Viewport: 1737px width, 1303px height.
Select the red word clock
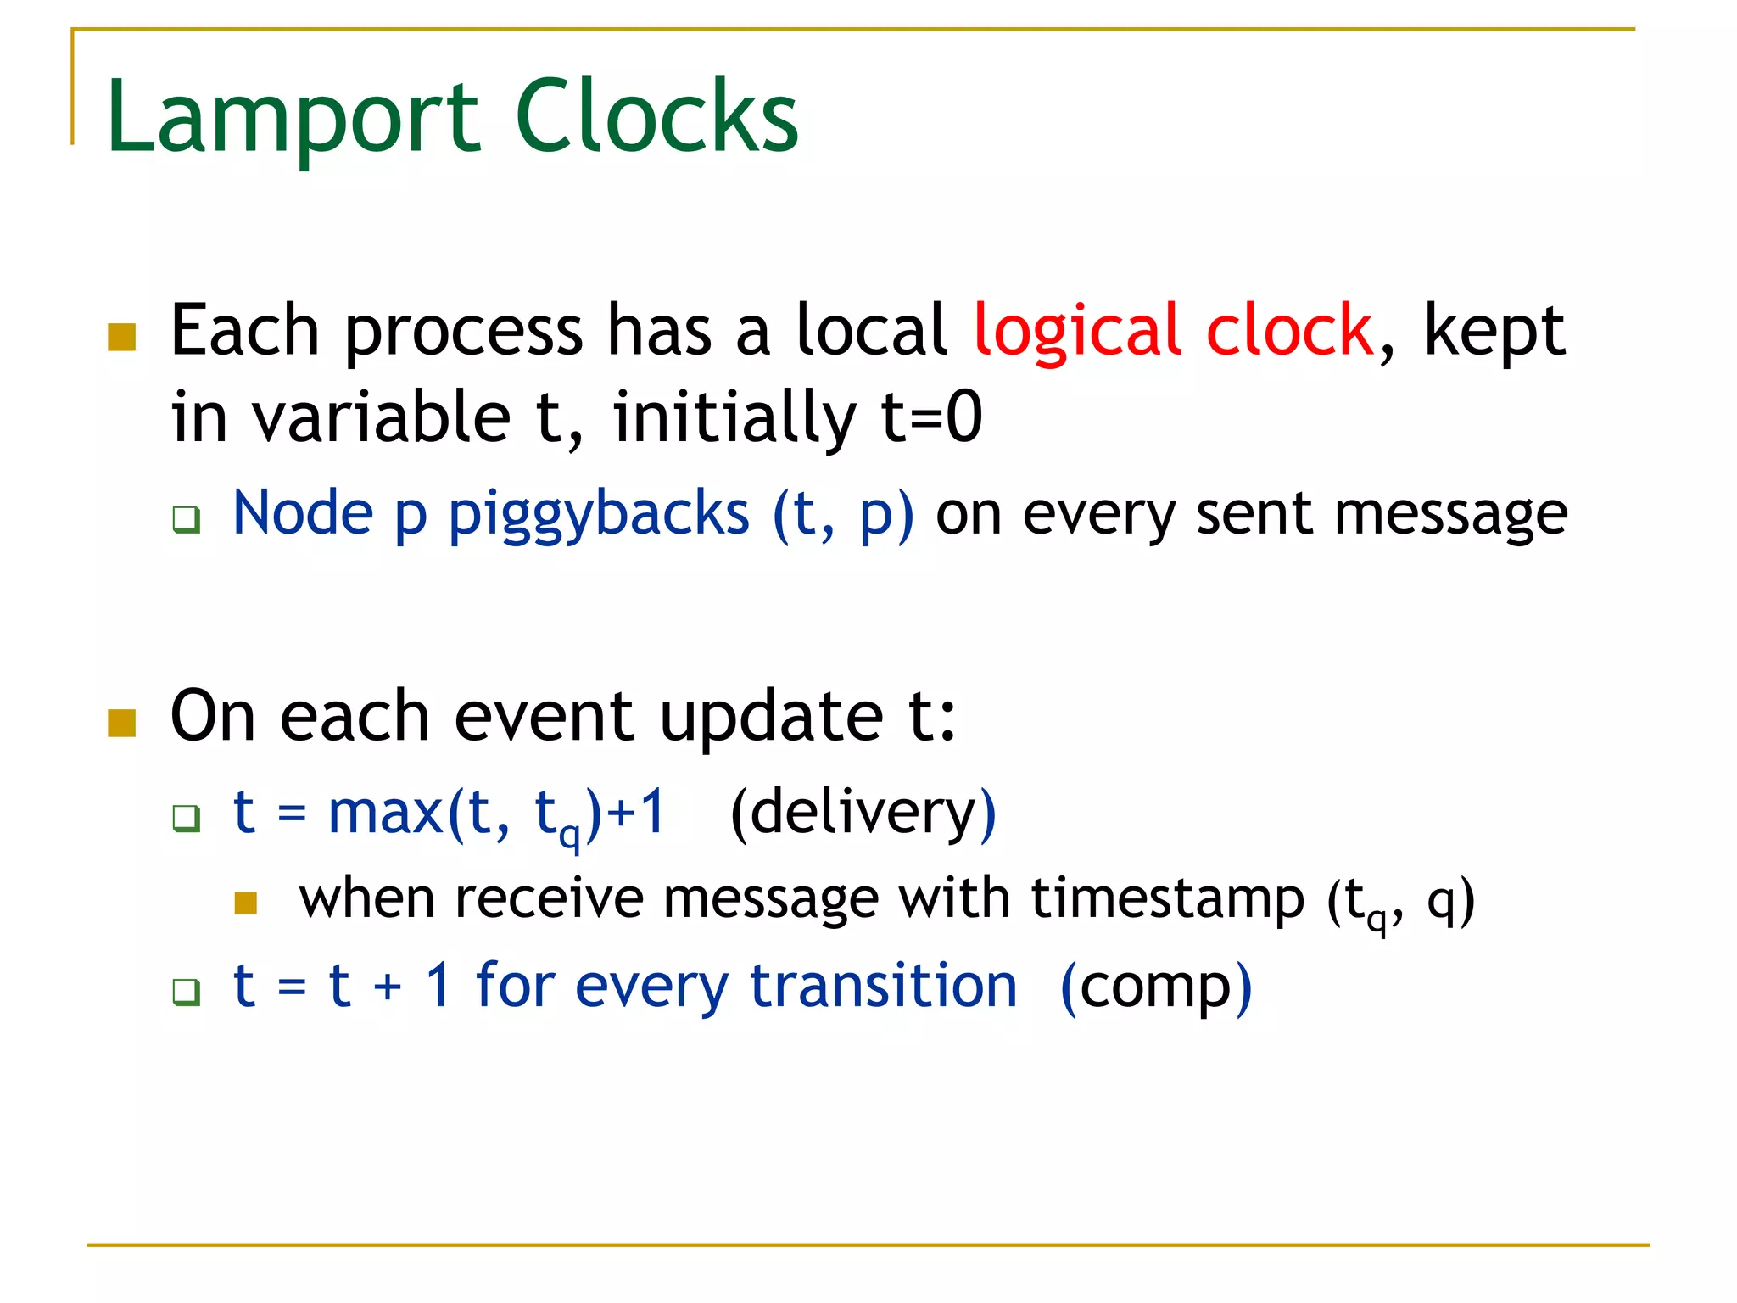(x=1288, y=330)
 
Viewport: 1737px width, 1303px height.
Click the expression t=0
(x=931, y=417)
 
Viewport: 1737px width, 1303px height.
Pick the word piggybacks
(x=599, y=514)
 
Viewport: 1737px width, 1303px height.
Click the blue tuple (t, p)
(x=843, y=514)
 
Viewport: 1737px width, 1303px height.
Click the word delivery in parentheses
(x=863, y=812)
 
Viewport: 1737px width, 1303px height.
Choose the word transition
(x=883, y=986)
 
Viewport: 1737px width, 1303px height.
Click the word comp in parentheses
(x=1155, y=987)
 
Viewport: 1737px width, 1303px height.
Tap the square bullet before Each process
(x=122, y=337)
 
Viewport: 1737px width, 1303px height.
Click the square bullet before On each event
(x=122, y=723)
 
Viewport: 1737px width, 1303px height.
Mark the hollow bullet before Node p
(x=186, y=518)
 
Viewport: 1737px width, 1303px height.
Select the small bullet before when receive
(x=246, y=903)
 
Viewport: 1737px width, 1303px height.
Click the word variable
(x=382, y=417)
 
